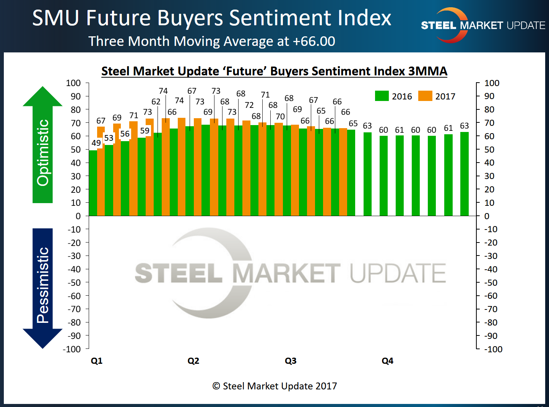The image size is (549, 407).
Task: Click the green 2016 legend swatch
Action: click(382, 96)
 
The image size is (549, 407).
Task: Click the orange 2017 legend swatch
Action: click(425, 96)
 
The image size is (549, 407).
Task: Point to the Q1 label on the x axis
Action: click(97, 361)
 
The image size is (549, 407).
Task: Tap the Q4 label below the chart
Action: click(387, 361)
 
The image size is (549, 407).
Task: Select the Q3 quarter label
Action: click(291, 361)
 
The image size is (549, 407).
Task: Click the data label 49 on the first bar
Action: click(96, 143)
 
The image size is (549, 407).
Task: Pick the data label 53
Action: click(109, 138)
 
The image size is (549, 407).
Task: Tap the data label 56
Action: click(125, 134)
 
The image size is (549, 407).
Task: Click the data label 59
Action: click(145, 131)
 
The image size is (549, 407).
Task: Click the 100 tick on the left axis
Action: click(73, 83)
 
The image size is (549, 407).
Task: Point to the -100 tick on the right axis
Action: click(493, 349)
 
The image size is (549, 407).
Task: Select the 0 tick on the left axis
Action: click(78, 216)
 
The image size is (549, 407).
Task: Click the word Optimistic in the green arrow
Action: click(43, 153)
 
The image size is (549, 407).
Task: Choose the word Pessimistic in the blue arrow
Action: click(43, 285)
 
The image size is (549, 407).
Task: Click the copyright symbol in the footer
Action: click(216, 386)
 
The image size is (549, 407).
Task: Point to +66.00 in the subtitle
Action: click(314, 41)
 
